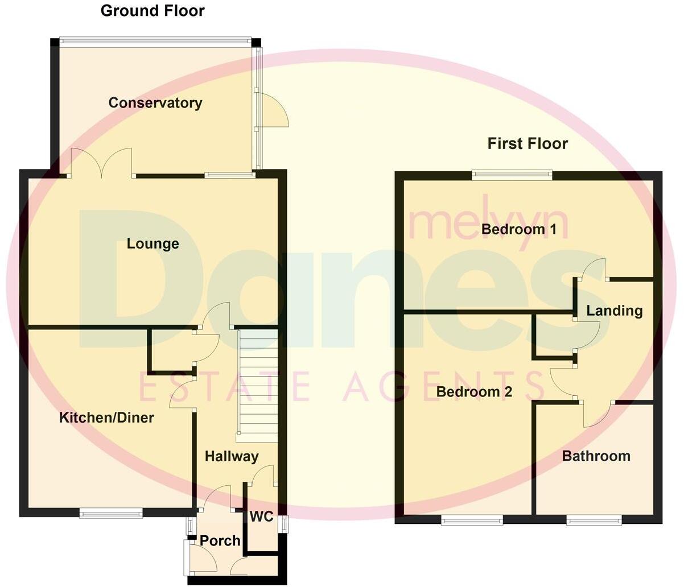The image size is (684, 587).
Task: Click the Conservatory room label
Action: pos(155,103)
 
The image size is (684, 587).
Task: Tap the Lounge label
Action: pos(153,244)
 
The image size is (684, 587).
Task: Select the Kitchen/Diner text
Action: pos(106,418)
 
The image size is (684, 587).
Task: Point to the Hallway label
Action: pos(232,456)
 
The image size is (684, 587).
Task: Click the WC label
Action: pos(261,517)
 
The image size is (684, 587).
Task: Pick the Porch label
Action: pos(220,541)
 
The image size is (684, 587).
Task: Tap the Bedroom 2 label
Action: pos(474,392)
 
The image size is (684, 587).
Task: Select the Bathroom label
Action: pos(596,456)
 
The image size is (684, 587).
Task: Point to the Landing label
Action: pos(614,311)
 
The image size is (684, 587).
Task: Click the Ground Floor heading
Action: pos(153,11)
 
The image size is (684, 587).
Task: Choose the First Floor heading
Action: pos(528,143)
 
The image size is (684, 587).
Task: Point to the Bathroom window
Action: pos(594,519)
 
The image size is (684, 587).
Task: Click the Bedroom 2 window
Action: pos(472,519)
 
